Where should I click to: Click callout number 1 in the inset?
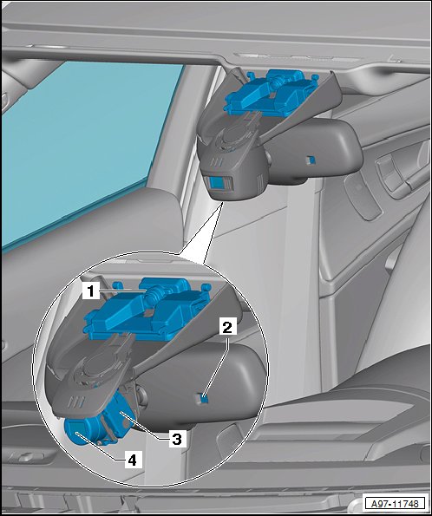click(90, 291)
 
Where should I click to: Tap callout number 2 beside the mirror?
click(227, 328)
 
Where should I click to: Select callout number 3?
click(177, 439)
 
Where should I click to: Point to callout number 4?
click(132, 460)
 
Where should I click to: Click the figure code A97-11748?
click(395, 504)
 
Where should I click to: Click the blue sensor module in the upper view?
click(270, 94)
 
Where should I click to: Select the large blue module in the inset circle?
click(147, 310)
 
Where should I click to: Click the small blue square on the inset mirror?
click(205, 398)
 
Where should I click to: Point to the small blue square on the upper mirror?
click(311, 160)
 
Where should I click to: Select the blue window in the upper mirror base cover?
click(218, 183)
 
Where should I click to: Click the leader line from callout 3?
click(145, 425)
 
